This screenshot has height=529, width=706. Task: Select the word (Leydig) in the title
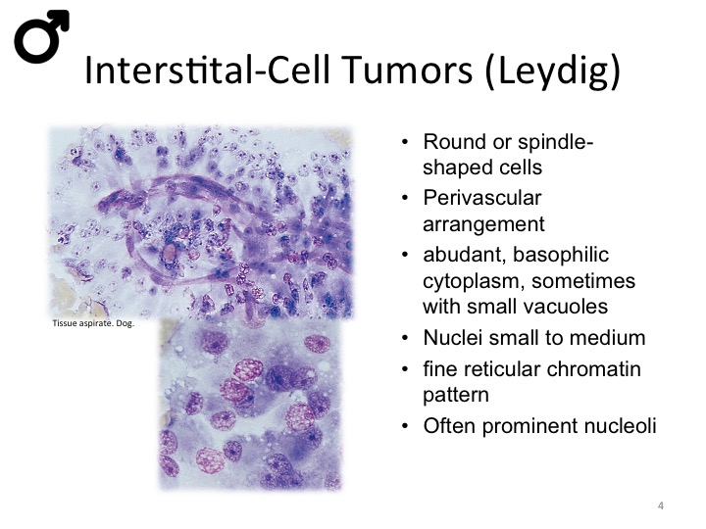pos(553,72)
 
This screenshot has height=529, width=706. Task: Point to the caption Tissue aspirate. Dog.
pos(94,323)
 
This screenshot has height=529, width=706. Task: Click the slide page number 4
pos(661,505)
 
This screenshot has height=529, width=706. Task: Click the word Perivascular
pos(481,198)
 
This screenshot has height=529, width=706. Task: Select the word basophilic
pos(561,255)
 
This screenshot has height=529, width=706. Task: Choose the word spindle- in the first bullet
pos(556,143)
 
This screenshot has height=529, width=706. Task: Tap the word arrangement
pos(483,224)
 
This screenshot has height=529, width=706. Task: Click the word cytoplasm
pos(473,282)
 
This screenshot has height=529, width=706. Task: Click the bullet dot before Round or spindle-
pos(405,143)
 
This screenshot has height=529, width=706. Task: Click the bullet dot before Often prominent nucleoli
pos(405,426)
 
